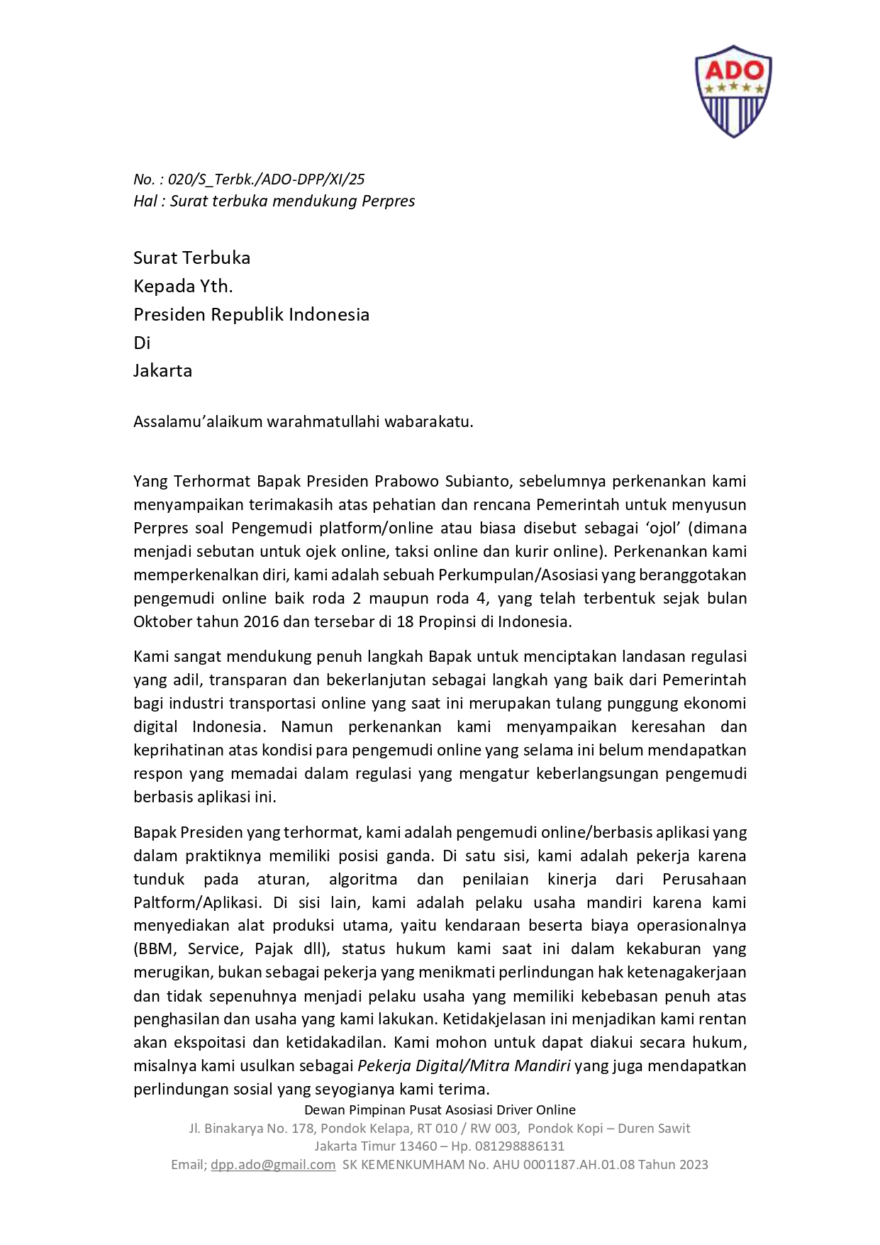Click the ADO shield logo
(x=733, y=91)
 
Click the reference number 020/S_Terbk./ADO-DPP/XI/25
(x=266, y=179)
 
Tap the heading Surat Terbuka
(x=191, y=258)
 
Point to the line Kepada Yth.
(x=183, y=286)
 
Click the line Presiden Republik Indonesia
(x=251, y=314)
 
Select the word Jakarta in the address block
(x=162, y=370)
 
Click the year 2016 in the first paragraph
(x=261, y=622)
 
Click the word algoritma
(x=362, y=880)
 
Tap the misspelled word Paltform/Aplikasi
(x=197, y=903)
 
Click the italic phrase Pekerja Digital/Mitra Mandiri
(x=464, y=1066)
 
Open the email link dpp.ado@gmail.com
(x=273, y=1165)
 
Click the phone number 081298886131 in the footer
(x=520, y=1146)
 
